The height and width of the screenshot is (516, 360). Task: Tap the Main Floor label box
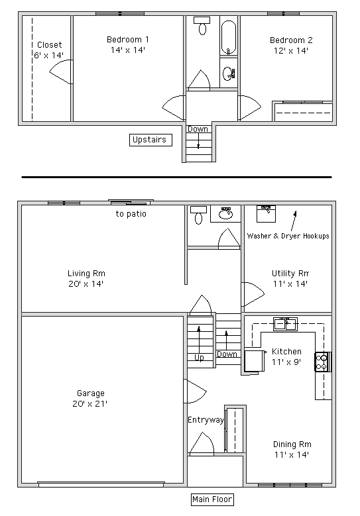212,499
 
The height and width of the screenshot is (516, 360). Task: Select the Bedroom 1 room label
127,40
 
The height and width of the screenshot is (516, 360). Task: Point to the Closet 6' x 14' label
50,50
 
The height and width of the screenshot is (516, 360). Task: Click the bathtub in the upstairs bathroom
228,36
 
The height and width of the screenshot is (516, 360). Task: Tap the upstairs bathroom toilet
202,27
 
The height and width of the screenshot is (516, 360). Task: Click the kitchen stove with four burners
322,362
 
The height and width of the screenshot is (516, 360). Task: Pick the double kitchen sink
286,323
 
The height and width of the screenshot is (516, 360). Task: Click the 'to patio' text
131,214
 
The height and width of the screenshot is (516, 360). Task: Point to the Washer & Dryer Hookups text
288,236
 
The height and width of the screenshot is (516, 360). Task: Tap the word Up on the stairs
199,358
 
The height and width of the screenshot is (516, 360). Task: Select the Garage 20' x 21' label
90,398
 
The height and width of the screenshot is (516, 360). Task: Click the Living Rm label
86,273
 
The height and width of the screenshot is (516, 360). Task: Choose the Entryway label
206,420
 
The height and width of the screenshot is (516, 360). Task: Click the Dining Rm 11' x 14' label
292,449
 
